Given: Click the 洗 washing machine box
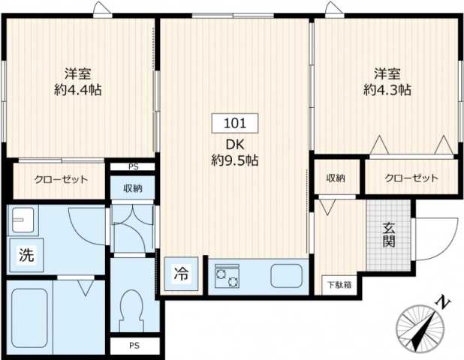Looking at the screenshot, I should click(26, 255).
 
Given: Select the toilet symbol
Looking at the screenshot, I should click(132, 308).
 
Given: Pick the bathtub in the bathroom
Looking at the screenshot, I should click(29, 316).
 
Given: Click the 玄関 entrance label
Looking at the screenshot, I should click(389, 236).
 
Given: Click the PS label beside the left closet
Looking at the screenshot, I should click(133, 166).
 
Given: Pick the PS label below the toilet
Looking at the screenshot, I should click(133, 346).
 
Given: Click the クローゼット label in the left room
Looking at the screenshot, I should click(61, 180).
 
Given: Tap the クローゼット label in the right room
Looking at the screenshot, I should click(411, 178).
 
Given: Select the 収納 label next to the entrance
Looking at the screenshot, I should click(336, 178).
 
